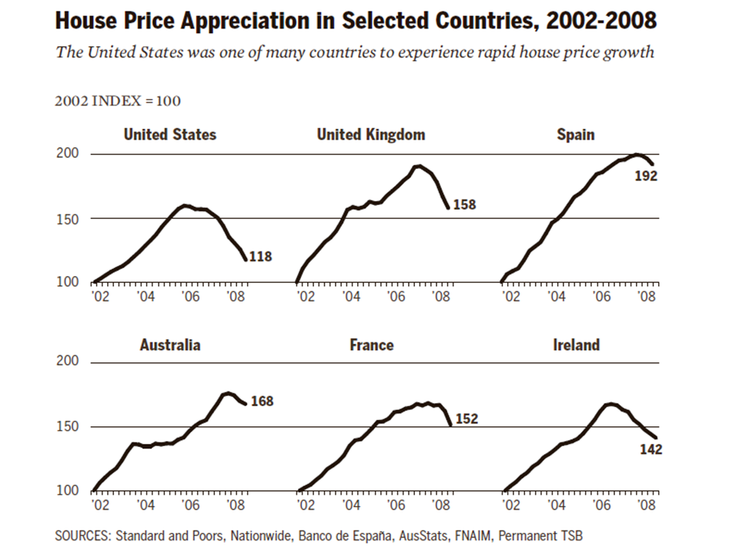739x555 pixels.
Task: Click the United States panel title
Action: coord(169,135)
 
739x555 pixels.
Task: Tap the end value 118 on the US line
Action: coord(260,257)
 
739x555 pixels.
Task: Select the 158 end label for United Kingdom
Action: coord(464,205)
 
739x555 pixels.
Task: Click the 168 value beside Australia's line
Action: coord(261,401)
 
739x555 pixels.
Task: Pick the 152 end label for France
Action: coord(466,419)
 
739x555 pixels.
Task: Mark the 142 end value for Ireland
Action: coord(651,449)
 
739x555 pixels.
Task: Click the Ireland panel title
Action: coord(576,345)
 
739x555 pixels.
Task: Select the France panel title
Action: coord(371,345)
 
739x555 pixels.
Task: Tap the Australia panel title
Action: coord(169,345)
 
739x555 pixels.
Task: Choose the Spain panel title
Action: coord(576,135)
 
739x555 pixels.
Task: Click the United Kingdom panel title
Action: coord(370,135)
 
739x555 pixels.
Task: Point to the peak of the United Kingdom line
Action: coord(418,166)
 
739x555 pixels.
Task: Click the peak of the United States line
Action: coord(185,205)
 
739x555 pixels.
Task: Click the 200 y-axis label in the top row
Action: coord(69,154)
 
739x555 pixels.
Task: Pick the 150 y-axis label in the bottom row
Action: coord(69,426)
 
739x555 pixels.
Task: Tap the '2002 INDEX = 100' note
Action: coord(118,101)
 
